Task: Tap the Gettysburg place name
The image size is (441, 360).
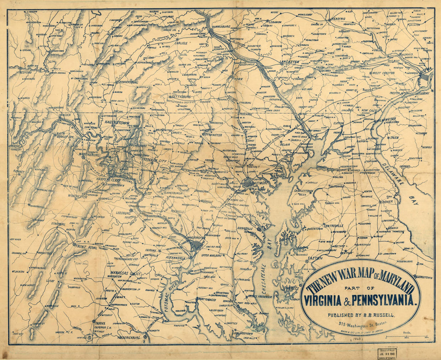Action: pos(181,97)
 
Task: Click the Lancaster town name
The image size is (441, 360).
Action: pos(289,62)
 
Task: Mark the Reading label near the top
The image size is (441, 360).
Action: pos(338,19)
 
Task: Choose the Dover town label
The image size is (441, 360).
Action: pos(387,201)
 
